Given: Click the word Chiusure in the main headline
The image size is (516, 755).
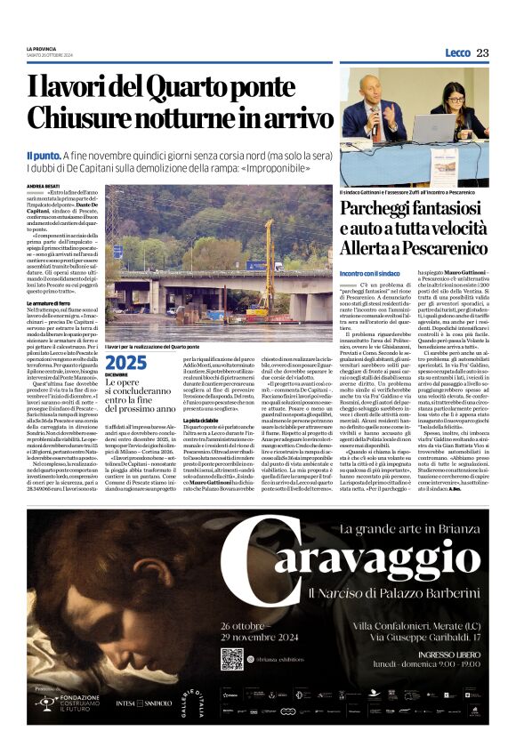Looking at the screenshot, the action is [77, 118].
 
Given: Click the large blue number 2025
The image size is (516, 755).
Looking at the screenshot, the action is [125, 362].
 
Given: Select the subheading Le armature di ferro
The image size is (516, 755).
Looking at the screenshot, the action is [54, 303].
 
